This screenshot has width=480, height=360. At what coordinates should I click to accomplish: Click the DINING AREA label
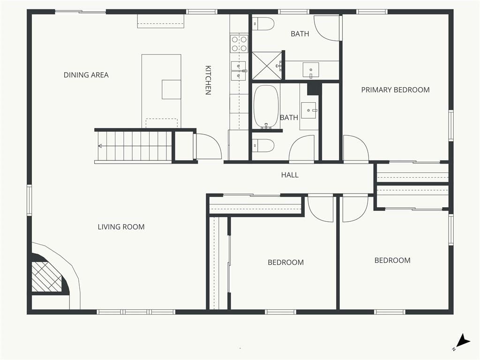(86, 75)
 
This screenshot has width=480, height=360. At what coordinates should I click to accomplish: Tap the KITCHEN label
(208, 80)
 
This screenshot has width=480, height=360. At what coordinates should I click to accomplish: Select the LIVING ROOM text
(121, 227)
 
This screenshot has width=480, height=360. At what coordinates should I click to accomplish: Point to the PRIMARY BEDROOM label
(395, 90)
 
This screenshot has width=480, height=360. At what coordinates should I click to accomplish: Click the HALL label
(290, 175)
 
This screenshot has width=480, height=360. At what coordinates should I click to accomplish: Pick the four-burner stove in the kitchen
(240, 44)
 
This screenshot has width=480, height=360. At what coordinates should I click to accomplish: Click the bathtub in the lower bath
(266, 107)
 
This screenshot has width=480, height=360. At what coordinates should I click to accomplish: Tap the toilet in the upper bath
(263, 24)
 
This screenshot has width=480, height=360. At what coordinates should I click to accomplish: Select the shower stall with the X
(266, 66)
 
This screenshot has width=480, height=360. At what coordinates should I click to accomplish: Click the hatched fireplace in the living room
(46, 277)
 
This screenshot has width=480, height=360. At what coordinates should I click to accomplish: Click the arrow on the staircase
(100, 146)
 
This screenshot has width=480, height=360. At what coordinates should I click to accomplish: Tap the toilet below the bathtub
(263, 146)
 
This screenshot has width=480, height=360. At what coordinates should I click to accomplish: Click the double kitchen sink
(239, 71)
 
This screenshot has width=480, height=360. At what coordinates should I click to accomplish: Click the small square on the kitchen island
(171, 90)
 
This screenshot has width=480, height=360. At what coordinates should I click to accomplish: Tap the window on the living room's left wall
(30, 200)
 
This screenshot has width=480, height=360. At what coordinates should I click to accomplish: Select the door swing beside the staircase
(208, 146)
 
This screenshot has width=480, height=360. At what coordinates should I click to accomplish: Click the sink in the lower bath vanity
(309, 110)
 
